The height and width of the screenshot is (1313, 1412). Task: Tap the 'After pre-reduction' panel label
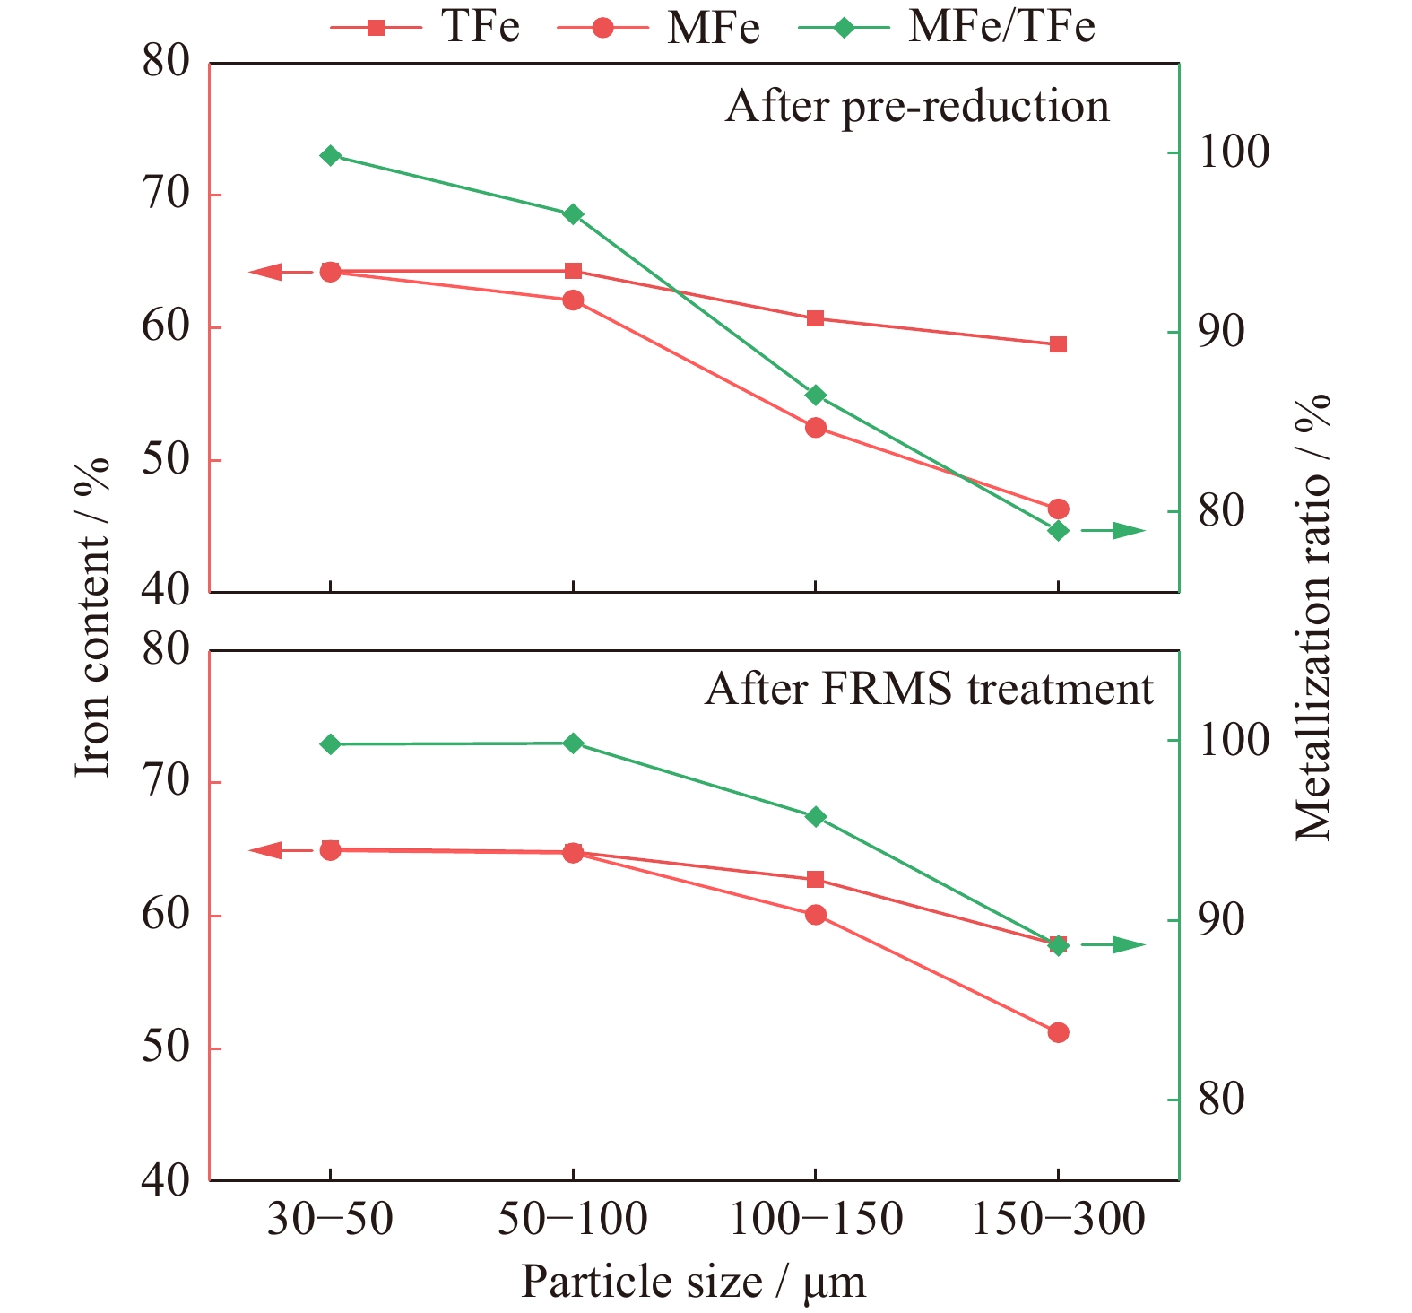[917, 106]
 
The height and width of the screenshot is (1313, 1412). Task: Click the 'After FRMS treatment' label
[929, 689]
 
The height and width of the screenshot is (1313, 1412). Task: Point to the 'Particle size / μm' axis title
[693, 1282]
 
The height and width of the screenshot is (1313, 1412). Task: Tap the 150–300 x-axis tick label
[1059, 1219]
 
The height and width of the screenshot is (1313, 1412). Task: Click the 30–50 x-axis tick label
[330, 1219]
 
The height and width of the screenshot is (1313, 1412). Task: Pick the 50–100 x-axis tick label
[573, 1219]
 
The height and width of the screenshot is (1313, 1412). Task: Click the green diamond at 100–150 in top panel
[816, 395]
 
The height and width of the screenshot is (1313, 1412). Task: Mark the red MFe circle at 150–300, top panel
[1059, 509]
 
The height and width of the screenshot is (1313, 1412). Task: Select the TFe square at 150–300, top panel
[1059, 344]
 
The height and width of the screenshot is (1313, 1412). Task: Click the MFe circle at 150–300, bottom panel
[1059, 1032]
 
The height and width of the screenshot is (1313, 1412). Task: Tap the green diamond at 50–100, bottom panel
[574, 743]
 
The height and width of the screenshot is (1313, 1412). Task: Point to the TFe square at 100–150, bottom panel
[816, 879]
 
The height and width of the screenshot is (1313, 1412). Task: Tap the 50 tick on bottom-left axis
[166, 1048]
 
